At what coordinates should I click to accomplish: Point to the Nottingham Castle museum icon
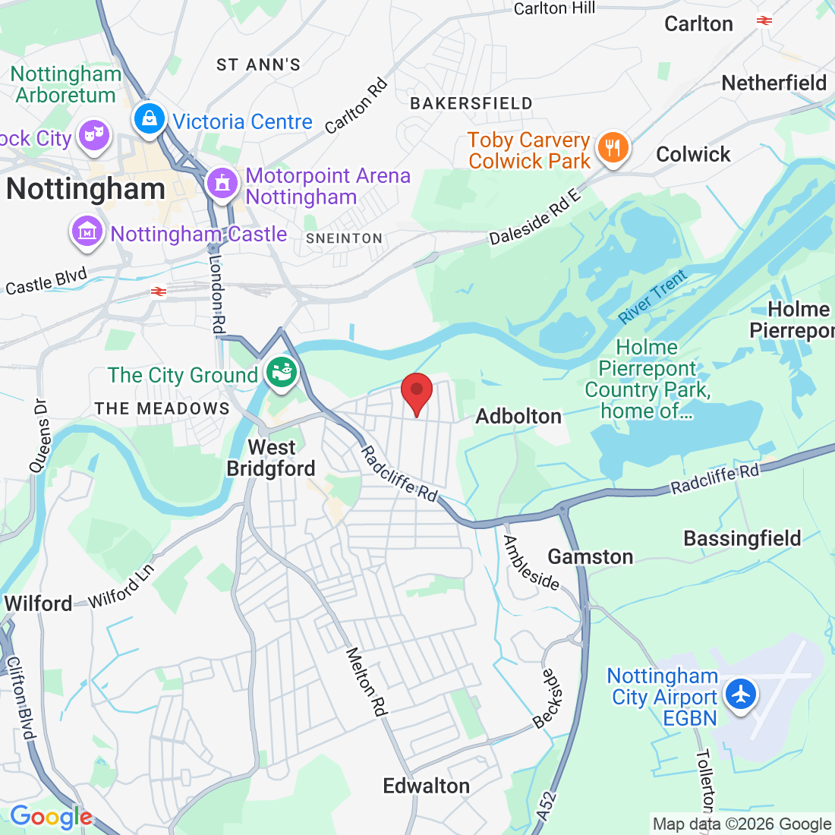tap(87, 232)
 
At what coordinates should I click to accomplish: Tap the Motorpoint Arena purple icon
tap(222, 184)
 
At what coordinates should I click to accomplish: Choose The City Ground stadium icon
tap(282, 372)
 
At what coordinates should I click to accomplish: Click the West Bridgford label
tap(271, 458)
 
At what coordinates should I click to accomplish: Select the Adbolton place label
tap(518, 416)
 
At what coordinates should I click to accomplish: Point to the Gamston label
tap(591, 556)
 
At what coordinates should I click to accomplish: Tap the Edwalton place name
tap(426, 786)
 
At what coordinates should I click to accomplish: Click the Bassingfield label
tap(742, 538)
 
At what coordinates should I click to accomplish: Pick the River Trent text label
tap(652, 296)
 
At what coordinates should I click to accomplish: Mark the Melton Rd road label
tap(367, 682)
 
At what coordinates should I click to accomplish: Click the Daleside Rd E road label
tap(534, 217)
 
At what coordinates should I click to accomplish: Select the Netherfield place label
tap(774, 83)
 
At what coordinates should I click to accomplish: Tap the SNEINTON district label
tap(344, 238)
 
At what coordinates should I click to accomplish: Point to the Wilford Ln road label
tap(121, 586)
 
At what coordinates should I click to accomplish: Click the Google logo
tap(51, 817)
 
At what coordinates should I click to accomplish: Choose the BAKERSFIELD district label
tap(471, 103)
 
